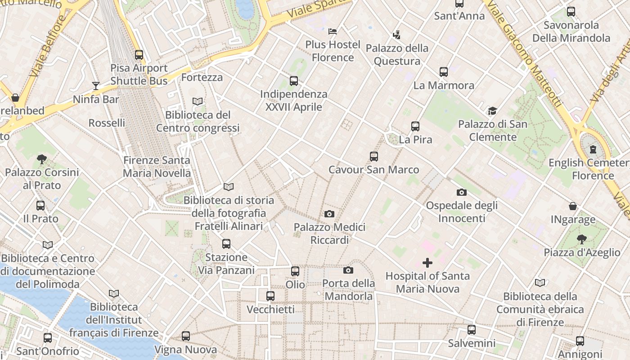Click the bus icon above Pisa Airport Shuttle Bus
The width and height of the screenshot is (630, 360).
coord(139,55)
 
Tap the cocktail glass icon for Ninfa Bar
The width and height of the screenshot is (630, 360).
coord(95,85)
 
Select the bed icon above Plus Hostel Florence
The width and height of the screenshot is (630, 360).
coord(333,31)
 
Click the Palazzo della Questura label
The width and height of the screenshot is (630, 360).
coord(397,54)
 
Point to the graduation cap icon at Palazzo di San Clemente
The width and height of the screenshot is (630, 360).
coord(492,111)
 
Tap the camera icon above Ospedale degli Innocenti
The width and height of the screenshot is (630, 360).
coord(461,193)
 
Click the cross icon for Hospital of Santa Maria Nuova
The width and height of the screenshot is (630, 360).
coord(427,262)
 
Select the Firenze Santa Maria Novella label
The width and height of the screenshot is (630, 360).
coord(157,166)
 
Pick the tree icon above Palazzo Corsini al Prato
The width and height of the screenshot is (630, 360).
coord(42,159)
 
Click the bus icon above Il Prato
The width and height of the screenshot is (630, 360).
coord(40,206)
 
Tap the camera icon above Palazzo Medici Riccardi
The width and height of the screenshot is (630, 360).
coord(329,214)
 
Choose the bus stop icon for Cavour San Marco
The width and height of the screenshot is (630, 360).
coord(374,157)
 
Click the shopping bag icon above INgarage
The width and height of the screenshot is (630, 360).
coord(573,206)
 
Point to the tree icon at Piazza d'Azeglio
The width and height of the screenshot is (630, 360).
coord(582,239)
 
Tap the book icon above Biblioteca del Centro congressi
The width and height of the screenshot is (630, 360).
coord(198,102)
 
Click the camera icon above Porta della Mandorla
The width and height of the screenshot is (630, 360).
coord(348,270)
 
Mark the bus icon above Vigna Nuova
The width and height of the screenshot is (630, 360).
coord(186,336)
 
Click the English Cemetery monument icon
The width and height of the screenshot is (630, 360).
coord(593,149)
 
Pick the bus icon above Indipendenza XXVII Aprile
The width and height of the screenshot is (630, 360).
coord(294,81)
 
